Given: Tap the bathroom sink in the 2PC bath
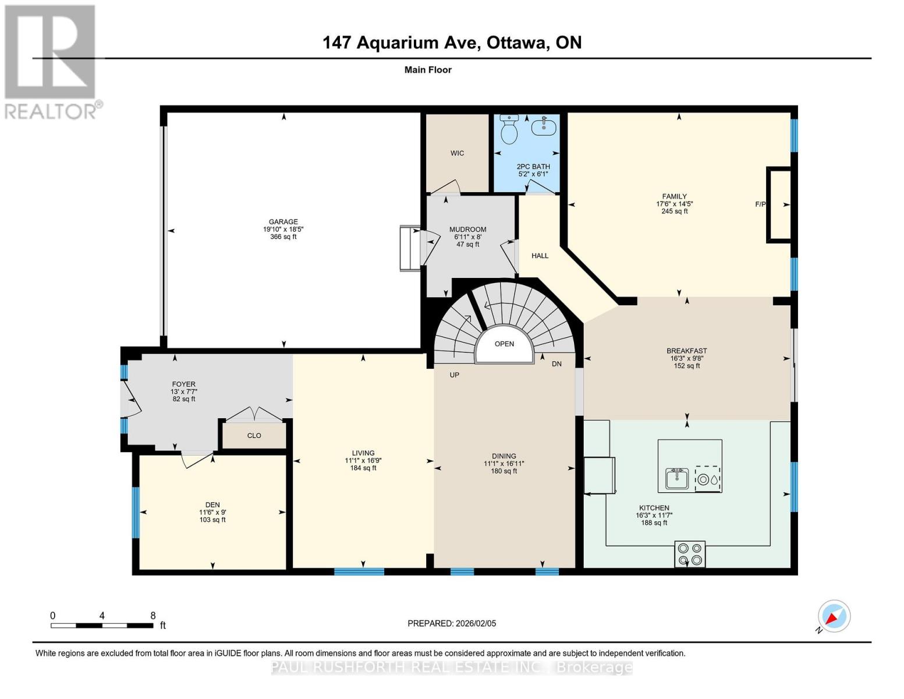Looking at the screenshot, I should (544, 126).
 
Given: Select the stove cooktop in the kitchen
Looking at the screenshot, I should (690, 554).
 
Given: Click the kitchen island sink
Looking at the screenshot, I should (677, 479).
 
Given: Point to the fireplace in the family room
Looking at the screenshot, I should (779, 204).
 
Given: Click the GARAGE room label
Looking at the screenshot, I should (283, 222).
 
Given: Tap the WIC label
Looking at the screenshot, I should (457, 153).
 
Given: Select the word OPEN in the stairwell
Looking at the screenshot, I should (504, 344).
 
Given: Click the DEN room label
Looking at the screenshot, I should (212, 505).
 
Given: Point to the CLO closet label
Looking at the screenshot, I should (254, 436).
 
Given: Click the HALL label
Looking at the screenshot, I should (540, 256).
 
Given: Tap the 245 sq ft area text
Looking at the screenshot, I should (674, 211).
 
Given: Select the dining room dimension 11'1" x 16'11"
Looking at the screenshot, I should (504, 464).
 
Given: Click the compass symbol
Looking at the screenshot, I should (834, 616).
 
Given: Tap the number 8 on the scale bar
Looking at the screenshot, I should (153, 616).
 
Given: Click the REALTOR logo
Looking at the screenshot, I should (51, 61).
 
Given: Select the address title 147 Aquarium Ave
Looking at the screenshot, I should (402, 43).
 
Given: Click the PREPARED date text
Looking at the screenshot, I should (452, 623).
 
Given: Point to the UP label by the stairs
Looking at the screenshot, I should (454, 375).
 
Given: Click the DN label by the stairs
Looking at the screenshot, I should (556, 363).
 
